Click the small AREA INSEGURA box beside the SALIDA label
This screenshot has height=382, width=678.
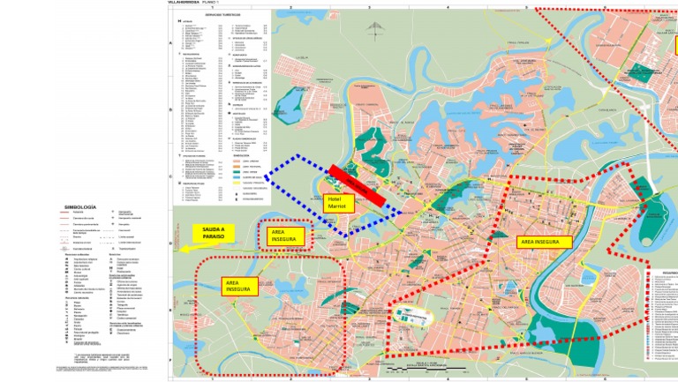pos(285,236)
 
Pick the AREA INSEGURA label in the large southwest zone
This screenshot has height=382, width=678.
pos(237,285)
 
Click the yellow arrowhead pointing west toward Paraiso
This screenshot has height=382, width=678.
pos(183,248)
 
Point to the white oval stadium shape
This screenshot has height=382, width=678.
pos(410,314)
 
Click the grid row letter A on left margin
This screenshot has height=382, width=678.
pos(171,43)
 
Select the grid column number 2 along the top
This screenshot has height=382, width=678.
pos(290,8)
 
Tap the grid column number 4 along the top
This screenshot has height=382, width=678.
pos(448,8)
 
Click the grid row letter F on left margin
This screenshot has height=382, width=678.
pos(171,361)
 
